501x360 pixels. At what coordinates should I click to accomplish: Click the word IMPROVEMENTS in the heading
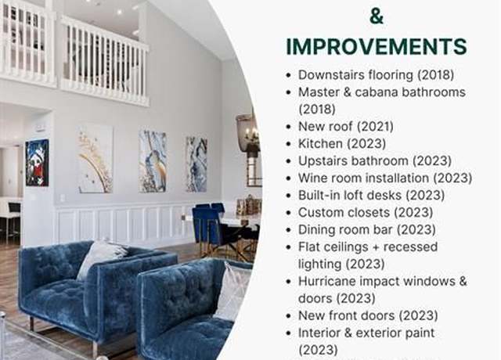pos(377,47)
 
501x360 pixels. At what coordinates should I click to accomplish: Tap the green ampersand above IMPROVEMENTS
pos(377,16)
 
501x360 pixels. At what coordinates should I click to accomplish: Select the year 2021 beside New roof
pos(375,127)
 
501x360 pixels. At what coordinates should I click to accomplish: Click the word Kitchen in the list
pos(320,144)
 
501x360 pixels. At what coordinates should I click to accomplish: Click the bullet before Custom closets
pos(289,213)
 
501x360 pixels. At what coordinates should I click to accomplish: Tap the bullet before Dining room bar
pos(289,230)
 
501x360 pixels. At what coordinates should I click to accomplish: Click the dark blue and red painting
pos(37,163)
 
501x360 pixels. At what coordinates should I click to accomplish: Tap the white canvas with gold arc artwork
pos(96,159)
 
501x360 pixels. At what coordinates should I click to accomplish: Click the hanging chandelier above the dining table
pos(249,133)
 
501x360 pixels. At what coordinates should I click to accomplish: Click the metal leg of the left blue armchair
pos(31,323)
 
